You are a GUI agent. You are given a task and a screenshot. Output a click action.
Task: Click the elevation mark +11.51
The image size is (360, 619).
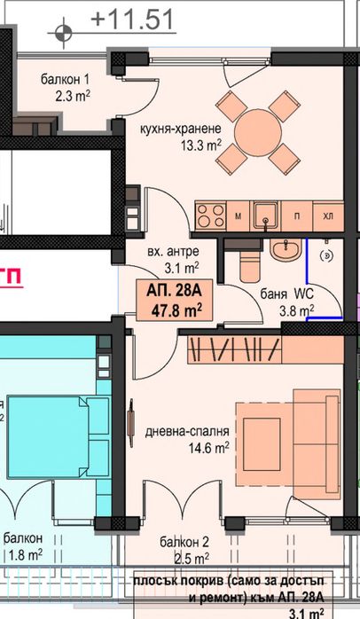click(x=132, y=20)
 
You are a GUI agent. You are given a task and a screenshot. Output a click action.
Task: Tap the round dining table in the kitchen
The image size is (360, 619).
click(x=258, y=132)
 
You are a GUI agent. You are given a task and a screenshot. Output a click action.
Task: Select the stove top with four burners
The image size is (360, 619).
click(x=211, y=215)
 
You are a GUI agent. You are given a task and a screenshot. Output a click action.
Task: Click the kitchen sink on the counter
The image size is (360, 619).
click(x=266, y=215)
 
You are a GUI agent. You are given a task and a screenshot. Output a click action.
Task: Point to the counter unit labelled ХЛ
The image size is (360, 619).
click(x=328, y=215)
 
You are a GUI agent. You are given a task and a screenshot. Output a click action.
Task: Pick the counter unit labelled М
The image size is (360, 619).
click(x=238, y=215)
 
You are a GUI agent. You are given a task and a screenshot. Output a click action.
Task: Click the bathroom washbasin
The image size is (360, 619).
click(x=286, y=250)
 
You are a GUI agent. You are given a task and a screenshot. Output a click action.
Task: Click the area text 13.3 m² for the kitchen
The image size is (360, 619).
click(x=201, y=145)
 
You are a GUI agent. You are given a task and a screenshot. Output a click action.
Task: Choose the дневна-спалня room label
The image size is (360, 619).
click(x=187, y=432)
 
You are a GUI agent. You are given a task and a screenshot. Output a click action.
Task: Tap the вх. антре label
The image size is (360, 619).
click(x=173, y=252)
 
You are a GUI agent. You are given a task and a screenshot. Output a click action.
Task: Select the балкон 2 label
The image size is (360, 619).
click(x=184, y=542)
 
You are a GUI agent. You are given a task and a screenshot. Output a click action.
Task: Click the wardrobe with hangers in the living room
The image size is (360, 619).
click(x=234, y=350)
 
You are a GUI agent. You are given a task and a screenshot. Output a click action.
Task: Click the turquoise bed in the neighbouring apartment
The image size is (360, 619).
click(x=59, y=437)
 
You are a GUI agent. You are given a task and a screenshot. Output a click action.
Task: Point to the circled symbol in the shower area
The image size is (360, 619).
click(x=327, y=255)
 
